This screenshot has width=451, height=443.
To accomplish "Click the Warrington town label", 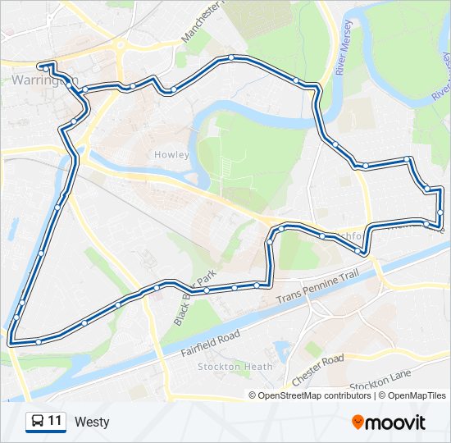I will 46,80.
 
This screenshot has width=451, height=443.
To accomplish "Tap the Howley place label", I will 171,154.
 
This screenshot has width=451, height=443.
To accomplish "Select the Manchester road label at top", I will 202,21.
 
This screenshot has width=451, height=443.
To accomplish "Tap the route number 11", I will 55,422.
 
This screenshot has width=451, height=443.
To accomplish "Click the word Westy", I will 91,422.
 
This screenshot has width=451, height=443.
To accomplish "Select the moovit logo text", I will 396,422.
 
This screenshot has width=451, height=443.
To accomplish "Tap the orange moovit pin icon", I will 358,422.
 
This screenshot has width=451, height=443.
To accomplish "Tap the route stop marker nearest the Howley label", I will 173,90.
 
